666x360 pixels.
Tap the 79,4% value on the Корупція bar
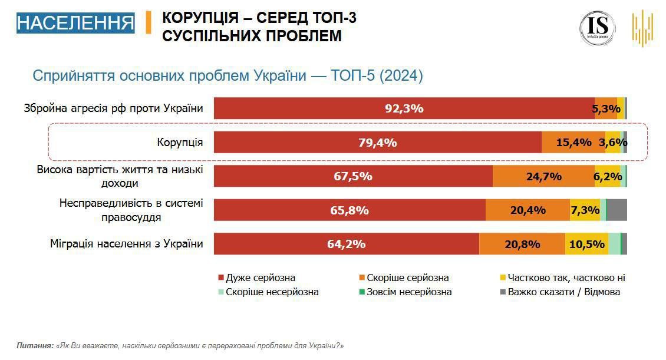coord(377,143)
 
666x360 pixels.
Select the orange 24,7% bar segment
coord(543,176)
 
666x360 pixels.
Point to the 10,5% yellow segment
coord(586,244)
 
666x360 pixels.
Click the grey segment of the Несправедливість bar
coord(616,210)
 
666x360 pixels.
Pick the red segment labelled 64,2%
coord(347,244)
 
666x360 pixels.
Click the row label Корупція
coord(180,143)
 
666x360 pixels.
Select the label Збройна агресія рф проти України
coord(113,109)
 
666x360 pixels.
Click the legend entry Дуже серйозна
coord(260,278)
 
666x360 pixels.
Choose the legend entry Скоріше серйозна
coord(407,278)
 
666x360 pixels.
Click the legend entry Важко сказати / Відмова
coord(561,292)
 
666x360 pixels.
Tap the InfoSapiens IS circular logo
coord(597,28)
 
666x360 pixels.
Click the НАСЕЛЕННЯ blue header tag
coord(75,23)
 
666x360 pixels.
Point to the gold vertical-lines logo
coord(642,28)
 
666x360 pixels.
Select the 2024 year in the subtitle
coord(403,76)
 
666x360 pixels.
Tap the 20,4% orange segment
coord(527,210)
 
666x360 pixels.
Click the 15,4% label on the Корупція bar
coord(573,143)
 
